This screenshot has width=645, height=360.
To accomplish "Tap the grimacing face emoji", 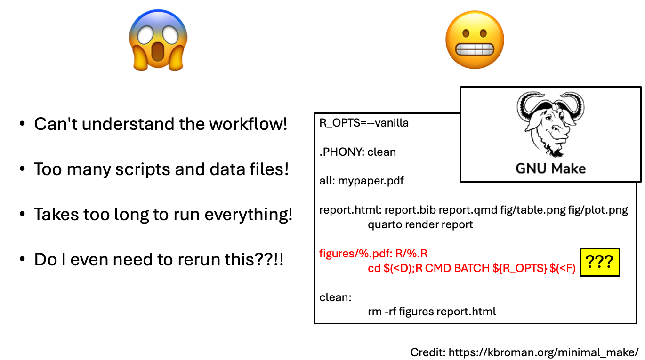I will [x=475, y=40].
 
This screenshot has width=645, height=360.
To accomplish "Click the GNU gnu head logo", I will [x=550, y=123].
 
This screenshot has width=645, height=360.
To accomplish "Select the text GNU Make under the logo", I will [x=550, y=168].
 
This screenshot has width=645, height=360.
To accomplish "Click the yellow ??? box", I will [x=600, y=262].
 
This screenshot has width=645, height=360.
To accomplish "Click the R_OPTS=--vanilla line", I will [x=364, y=123].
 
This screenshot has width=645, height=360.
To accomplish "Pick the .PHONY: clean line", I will [x=357, y=152].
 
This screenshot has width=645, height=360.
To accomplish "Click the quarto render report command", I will [x=420, y=224].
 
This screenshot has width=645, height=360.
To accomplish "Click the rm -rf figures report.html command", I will [x=432, y=312].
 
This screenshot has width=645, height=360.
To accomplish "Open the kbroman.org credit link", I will [x=543, y=352].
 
